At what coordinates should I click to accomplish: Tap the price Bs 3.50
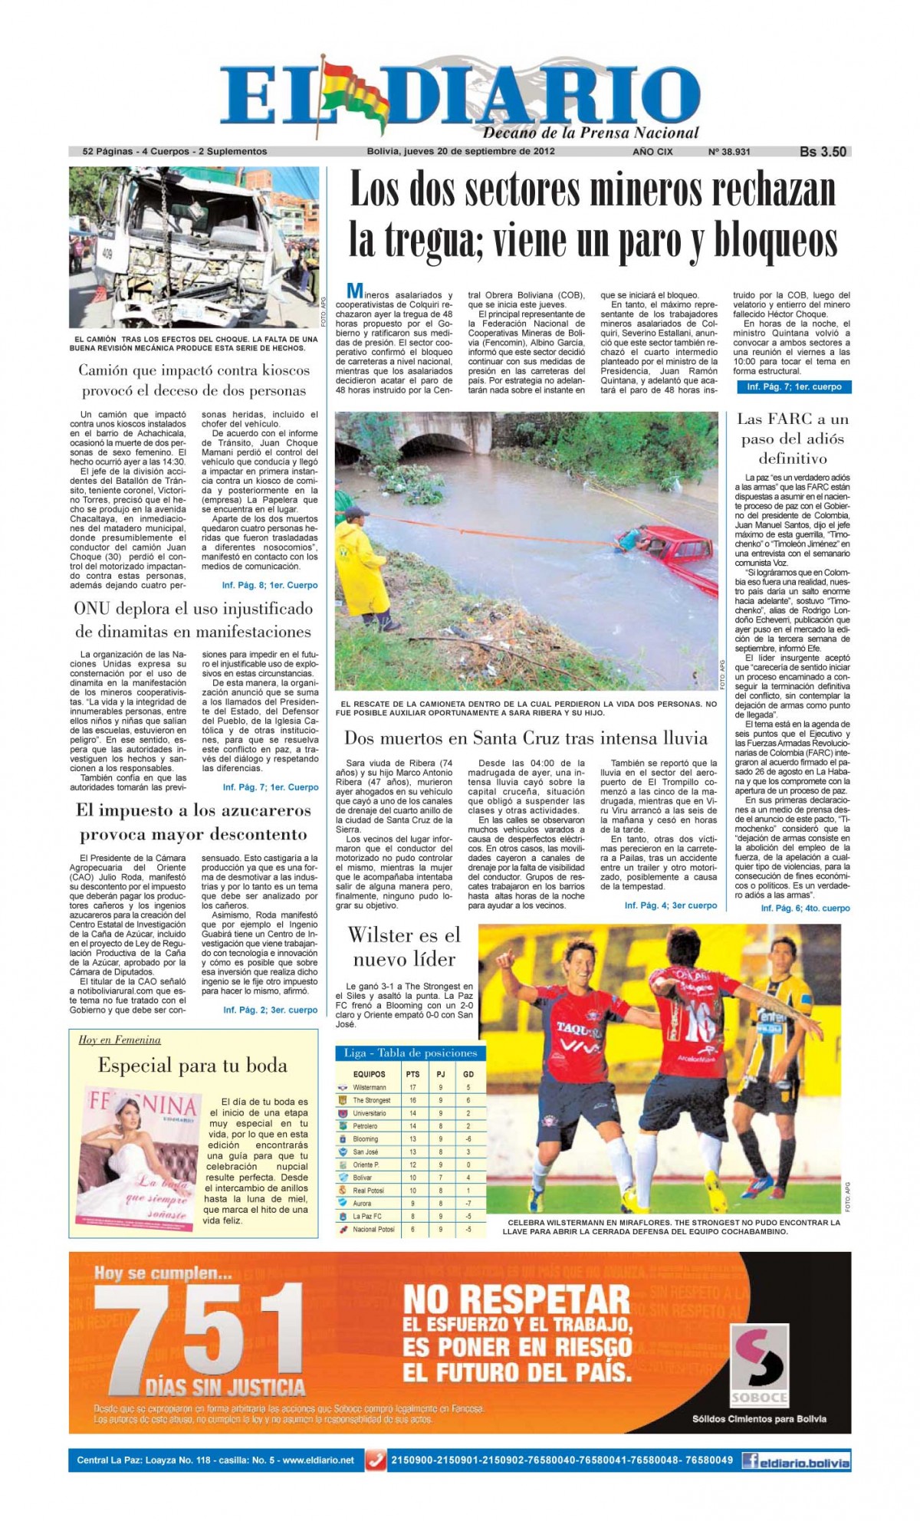(823, 152)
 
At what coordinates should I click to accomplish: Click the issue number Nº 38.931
(729, 152)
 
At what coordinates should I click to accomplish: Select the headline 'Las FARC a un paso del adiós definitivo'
(793, 439)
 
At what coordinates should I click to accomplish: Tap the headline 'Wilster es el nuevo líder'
(404, 947)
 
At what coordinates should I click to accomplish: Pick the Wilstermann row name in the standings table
(370, 1087)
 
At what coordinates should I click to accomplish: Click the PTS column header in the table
(412, 1074)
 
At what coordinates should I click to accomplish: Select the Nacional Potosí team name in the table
(373, 1229)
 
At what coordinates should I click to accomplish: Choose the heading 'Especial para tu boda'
(192, 1066)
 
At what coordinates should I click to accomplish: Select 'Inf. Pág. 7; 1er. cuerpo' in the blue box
(793, 387)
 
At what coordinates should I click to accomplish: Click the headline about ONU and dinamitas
(193, 620)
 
